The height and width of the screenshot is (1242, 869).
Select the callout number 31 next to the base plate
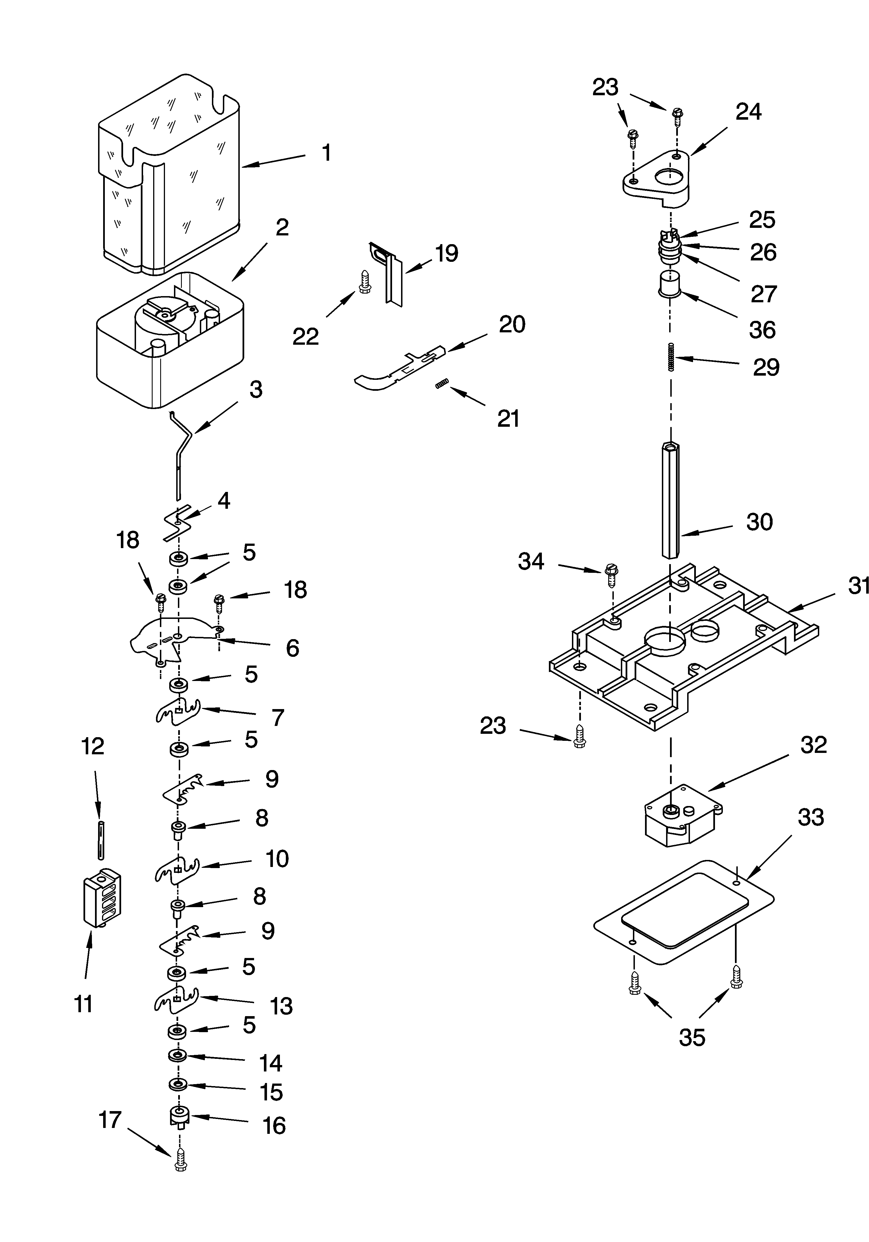point(858,585)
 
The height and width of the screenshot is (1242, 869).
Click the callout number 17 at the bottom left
point(110,1120)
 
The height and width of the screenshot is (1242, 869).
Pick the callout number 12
point(92,746)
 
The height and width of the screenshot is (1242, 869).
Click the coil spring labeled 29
point(671,357)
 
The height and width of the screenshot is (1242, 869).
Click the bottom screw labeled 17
point(180,1161)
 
